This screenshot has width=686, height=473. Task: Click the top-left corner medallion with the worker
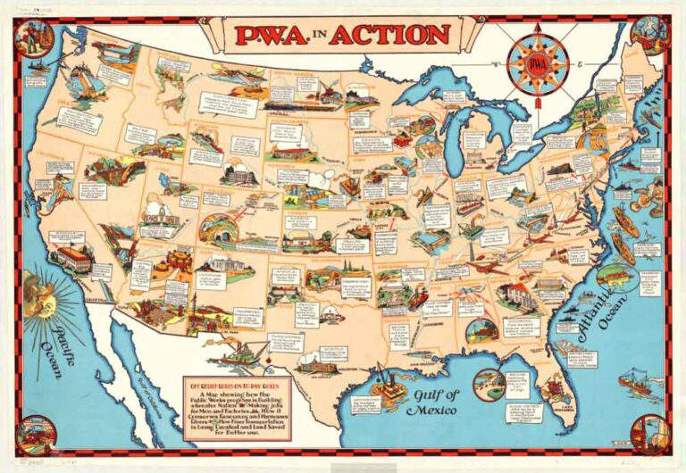click(35, 37)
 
